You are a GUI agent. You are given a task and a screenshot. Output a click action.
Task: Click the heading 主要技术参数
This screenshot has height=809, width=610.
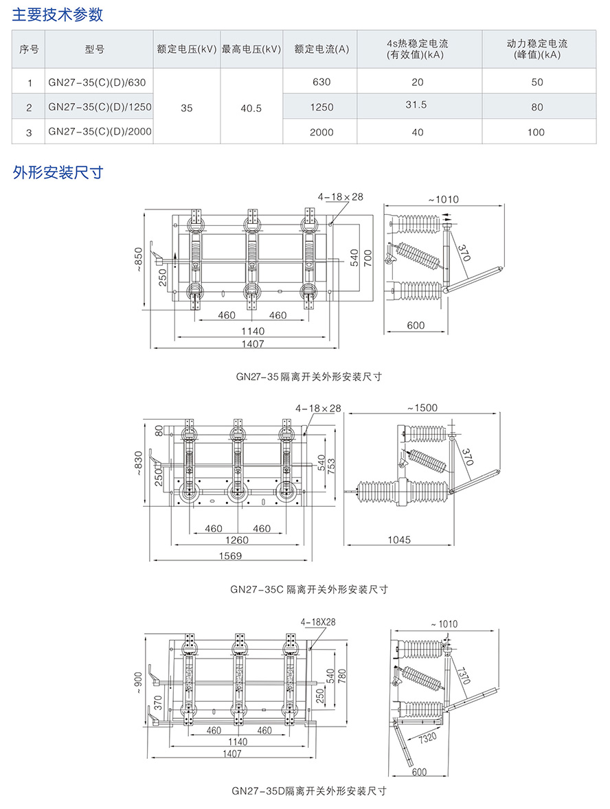pos(58,13)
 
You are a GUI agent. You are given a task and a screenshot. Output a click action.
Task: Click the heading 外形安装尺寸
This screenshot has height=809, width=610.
pos(58,172)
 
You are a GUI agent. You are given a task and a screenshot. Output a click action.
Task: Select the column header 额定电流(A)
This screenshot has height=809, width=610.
pos(321,49)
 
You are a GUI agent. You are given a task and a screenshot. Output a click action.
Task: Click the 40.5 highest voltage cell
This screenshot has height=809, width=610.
pos(251,108)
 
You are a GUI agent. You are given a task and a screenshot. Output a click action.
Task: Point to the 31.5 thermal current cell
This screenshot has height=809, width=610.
pos(417,104)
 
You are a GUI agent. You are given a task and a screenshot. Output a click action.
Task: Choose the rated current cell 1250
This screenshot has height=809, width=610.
pos(321,108)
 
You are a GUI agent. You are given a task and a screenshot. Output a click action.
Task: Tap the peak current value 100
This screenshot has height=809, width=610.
pos(536,133)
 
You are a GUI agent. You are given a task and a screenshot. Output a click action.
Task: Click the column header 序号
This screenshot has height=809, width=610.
pos(29,49)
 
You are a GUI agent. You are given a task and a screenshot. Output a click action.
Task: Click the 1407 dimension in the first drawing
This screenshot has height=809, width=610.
pos(252,344)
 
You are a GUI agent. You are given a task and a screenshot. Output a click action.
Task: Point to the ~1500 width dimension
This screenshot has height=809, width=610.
pos(421,408)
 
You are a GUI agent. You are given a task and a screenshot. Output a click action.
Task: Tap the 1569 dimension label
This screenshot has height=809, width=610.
pos(231,556)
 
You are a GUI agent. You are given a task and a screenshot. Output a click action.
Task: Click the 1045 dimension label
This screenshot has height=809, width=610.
pos(399,540)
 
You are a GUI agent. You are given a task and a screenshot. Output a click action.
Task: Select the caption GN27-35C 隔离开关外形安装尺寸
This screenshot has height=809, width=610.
pos(309,589)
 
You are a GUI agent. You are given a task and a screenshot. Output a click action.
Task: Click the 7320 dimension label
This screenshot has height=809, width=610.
pos(427,738)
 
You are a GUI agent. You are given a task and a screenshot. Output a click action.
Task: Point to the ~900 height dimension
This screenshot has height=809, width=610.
pos(140,681)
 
